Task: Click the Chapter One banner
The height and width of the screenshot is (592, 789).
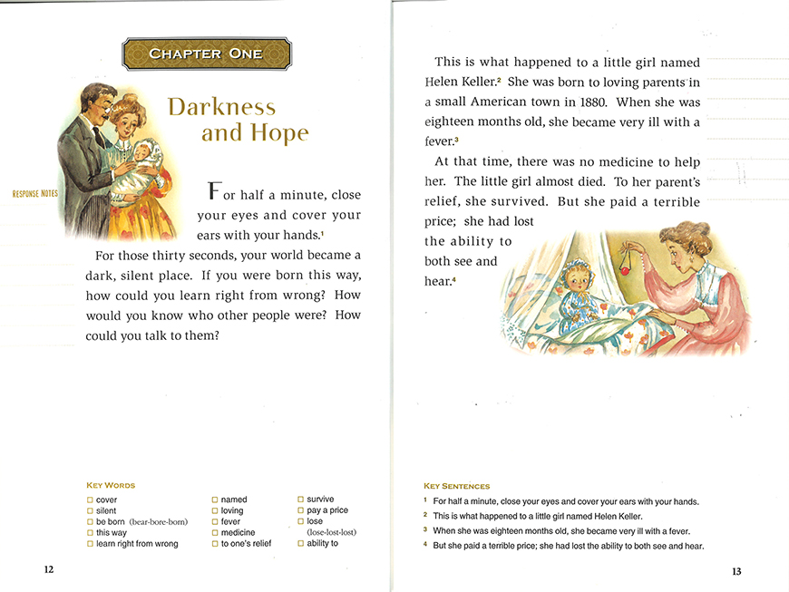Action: (207, 53)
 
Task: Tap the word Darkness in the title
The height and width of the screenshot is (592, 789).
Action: (221, 107)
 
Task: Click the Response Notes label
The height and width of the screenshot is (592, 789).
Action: (34, 194)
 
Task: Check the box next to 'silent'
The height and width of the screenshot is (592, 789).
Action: (90, 511)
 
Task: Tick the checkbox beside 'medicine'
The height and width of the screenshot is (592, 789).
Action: (215, 533)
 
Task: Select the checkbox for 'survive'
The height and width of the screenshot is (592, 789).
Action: (301, 500)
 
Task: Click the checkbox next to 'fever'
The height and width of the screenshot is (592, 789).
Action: (215, 522)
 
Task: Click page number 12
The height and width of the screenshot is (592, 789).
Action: (48, 569)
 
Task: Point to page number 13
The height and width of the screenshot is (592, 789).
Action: (736, 570)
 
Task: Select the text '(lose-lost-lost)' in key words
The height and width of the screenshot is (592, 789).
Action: (332, 533)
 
